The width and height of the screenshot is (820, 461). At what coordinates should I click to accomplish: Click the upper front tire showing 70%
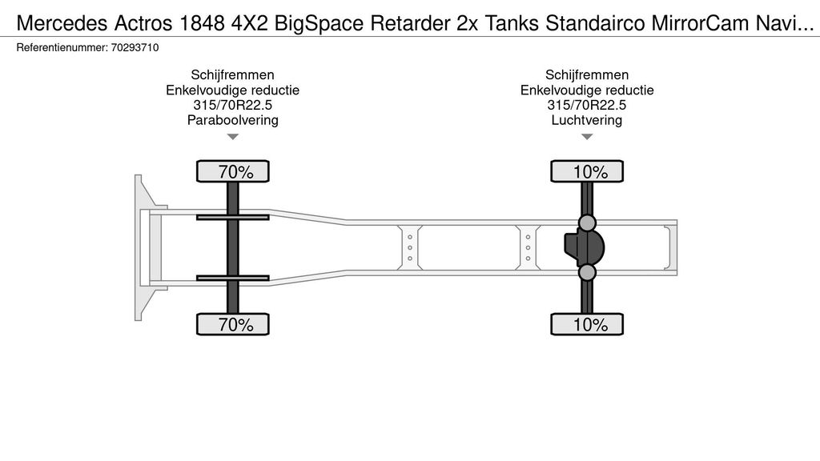[233, 171]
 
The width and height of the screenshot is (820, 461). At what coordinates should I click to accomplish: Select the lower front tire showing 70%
[233, 324]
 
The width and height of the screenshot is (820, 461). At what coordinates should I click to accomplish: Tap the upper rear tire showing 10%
[587, 171]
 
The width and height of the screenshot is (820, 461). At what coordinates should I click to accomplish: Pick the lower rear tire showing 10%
[587, 324]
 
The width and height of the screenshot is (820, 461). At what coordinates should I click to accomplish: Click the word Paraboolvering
[233, 120]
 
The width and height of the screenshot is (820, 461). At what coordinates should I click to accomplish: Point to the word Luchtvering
[587, 120]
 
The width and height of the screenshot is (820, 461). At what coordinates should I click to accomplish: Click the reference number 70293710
[135, 47]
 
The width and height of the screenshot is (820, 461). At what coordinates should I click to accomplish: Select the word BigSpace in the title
[319, 23]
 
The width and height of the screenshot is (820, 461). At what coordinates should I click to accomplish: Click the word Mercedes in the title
[62, 23]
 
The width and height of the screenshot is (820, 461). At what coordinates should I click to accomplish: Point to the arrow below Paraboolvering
[233, 137]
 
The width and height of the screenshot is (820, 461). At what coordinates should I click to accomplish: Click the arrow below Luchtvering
[587, 137]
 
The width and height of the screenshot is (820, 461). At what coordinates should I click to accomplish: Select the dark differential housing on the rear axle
[584, 248]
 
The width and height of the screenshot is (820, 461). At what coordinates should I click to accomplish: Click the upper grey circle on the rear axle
[587, 223]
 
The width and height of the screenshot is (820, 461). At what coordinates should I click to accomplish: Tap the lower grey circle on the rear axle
[587, 272]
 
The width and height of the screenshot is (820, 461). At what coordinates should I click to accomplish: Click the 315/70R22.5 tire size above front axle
[233, 105]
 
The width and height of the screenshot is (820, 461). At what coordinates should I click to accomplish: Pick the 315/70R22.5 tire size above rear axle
[587, 105]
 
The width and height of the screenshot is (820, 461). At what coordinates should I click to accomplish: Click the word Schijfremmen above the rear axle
[587, 74]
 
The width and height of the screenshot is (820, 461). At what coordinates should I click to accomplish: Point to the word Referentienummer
[62, 47]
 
